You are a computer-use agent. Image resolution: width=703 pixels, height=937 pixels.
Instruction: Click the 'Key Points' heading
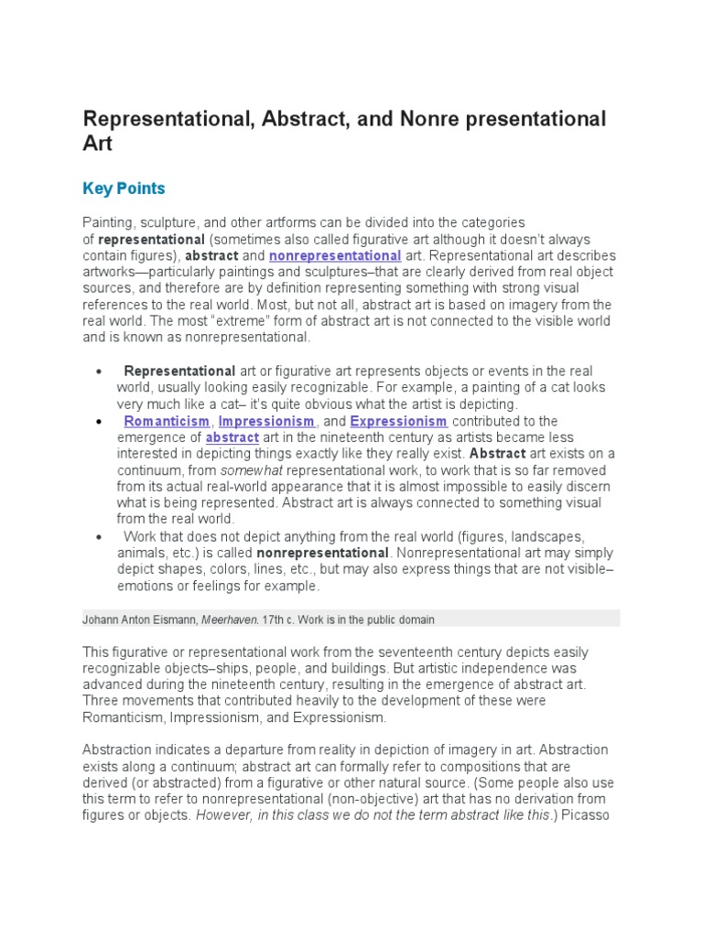(x=124, y=188)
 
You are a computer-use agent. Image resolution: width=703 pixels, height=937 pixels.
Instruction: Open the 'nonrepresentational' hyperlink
(x=335, y=255)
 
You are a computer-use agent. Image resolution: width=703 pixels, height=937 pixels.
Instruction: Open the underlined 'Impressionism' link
(x=267, y=421)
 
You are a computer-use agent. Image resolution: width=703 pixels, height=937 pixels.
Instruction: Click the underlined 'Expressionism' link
(x=398, y=421)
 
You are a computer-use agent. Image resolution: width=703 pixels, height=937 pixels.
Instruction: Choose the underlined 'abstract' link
(x=233, y=437)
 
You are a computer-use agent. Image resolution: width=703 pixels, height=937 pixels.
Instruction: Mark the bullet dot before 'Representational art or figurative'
(x=98, y=372)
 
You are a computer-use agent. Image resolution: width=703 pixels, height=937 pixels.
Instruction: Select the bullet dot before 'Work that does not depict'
(x=98, y=537)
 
